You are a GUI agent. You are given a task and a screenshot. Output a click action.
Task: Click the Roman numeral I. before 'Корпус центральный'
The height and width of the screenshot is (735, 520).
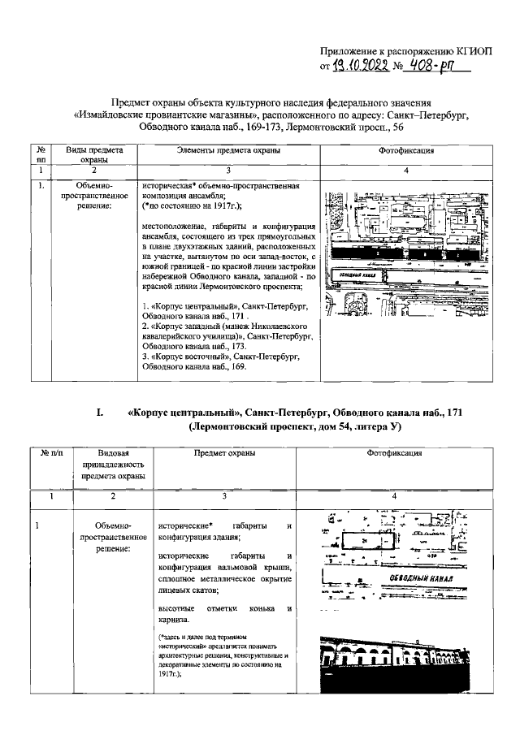pos(99,413)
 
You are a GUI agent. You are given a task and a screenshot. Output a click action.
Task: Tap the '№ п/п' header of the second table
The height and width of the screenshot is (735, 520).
pos(48,452)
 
